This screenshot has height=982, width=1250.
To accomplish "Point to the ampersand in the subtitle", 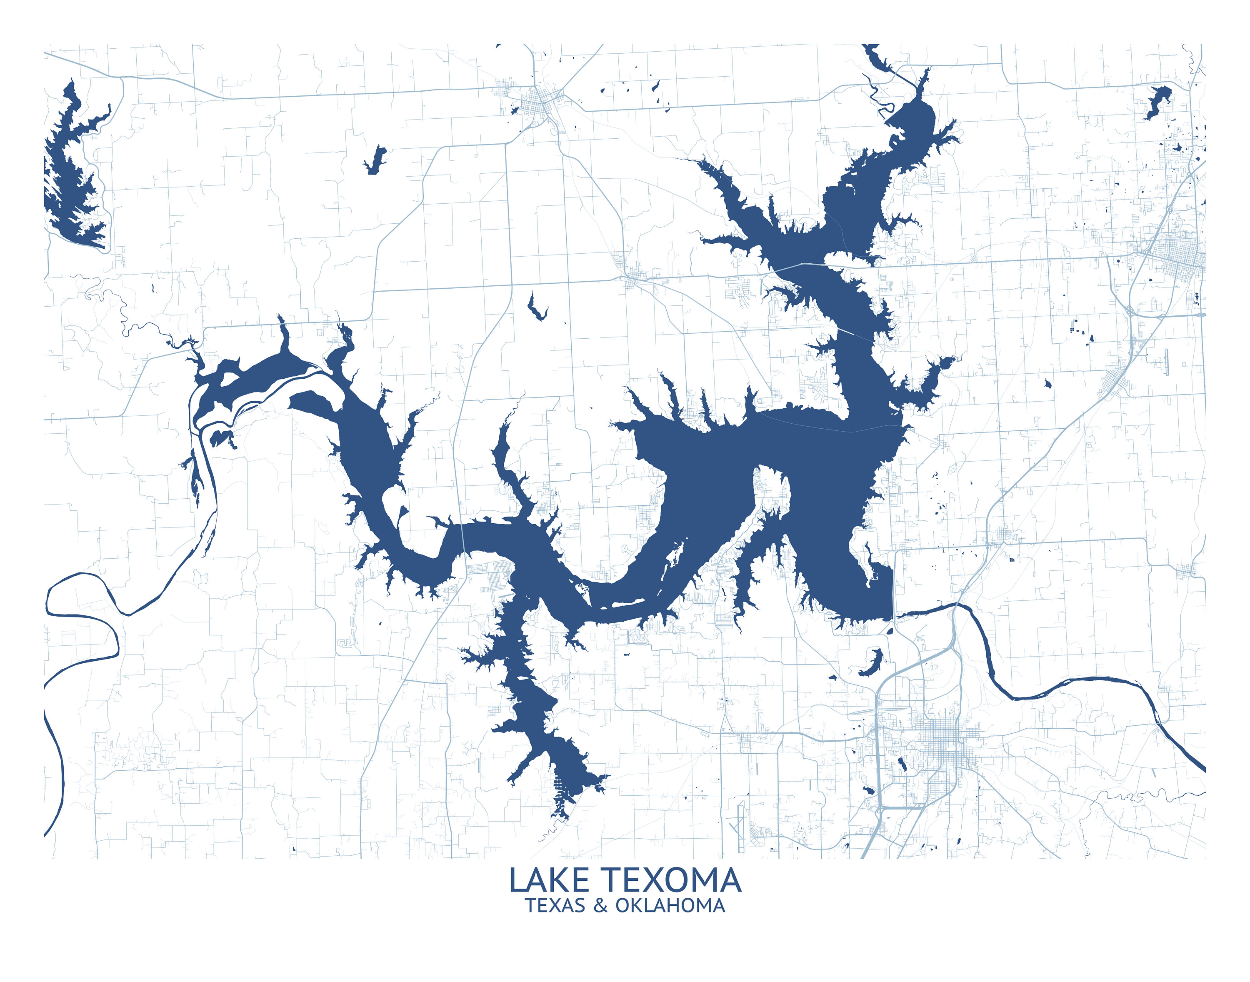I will (x=600, y=906).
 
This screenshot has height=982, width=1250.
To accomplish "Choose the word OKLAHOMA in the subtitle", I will (x=670, y=906).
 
